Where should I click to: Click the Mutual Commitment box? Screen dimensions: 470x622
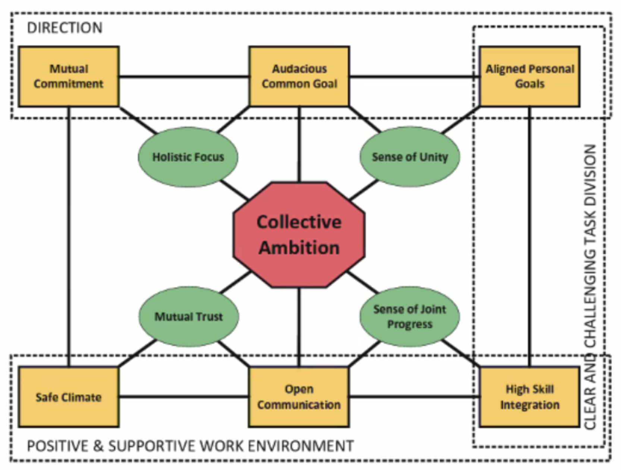pos(69,76)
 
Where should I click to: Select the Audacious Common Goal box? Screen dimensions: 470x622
pos(299,76)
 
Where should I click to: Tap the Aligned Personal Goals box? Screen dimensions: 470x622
pos(529,76)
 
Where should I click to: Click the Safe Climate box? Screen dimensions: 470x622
pos(69,397)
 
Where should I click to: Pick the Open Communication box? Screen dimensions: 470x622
pos(299,397)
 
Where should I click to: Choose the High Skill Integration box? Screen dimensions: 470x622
pos(529,397)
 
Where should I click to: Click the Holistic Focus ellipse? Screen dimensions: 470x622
pos(188,157)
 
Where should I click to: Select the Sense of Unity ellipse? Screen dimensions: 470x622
pos(409,157)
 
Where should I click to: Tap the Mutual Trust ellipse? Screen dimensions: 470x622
pos(189,317)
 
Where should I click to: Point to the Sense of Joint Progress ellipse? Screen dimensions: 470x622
pos(409,317)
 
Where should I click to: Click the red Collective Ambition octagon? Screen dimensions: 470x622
pos(299,235)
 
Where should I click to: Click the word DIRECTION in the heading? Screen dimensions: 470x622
pos(65,28)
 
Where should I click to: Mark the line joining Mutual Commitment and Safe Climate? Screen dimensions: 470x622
pos(69,235)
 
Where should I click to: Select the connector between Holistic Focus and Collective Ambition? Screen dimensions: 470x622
pos(234,190)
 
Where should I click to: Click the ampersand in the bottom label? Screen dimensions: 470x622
pos(98,446)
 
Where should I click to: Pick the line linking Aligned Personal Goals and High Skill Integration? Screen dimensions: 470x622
pos(530,235)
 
